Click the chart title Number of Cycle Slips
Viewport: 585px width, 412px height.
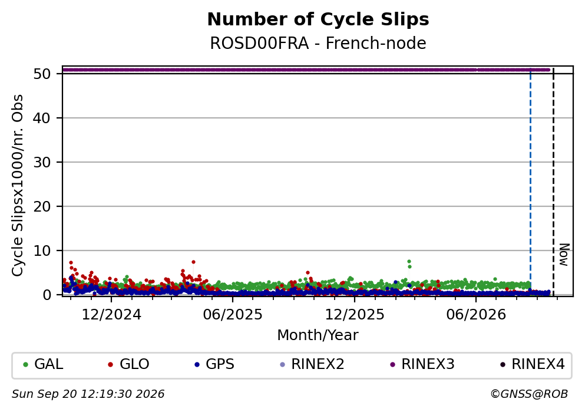(x=318, y=20)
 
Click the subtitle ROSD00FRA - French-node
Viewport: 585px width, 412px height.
(x=318, y=43)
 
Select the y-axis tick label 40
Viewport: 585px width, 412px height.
(x=42, y=118)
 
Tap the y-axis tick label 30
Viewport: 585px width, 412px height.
(x=42, y=162)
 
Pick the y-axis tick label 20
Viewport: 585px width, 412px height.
(x=42, y=206)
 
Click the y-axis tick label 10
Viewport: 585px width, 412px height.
(x=42, y=251)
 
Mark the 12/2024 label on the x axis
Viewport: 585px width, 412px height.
(x=111, y=315)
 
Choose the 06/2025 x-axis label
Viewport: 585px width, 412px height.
(x=233, y=315)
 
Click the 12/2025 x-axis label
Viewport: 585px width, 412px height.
(x=355, y=315)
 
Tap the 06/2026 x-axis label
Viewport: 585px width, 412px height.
(x=476, y=315)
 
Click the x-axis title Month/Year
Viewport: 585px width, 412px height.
(x=318, y=335)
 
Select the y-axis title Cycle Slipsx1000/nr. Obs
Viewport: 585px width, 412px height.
(x=18, y=185)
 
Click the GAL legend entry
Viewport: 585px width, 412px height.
(x=43, y=364)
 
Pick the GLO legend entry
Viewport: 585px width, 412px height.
(x=128, y=364)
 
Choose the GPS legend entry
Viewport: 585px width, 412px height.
(x=214, y=364)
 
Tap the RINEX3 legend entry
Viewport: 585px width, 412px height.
(x=422, y=364)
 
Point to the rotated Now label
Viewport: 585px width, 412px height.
(x=564, y=255)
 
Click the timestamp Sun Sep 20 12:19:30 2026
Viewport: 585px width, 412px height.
(x=88, y=394)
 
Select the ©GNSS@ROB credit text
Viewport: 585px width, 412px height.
(x=529, y=394)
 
